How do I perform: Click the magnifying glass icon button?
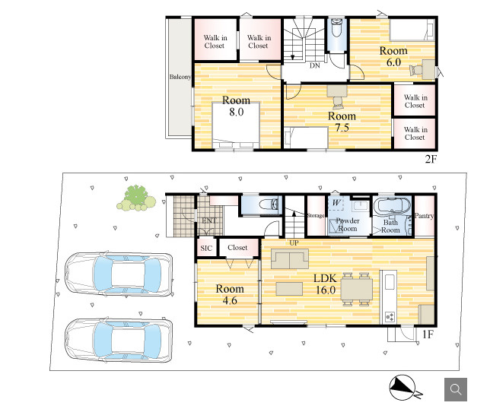(x=456, y=389)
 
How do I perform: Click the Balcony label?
(x=180, y=77)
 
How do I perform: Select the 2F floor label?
(x=431, y=159)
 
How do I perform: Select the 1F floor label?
(x=428, y=334)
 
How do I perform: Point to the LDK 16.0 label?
(x=326, y=284)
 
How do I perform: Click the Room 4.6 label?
(x=230, y=294)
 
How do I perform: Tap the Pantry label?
(x=424, y=216)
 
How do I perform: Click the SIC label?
(x=206, y=248)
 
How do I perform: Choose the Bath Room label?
(x=390, y=227)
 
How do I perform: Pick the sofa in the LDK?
(x=290, y=258)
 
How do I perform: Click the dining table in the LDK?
(x=356, y=290)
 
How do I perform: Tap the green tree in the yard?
(x=136, y=198)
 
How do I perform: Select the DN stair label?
(x=315, y=65)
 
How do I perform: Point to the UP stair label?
(x=294, y=243)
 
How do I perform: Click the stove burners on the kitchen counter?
(x=390, y=317)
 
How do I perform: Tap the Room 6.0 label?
(x=393, y=56)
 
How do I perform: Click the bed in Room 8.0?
(x=236, y=125)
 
